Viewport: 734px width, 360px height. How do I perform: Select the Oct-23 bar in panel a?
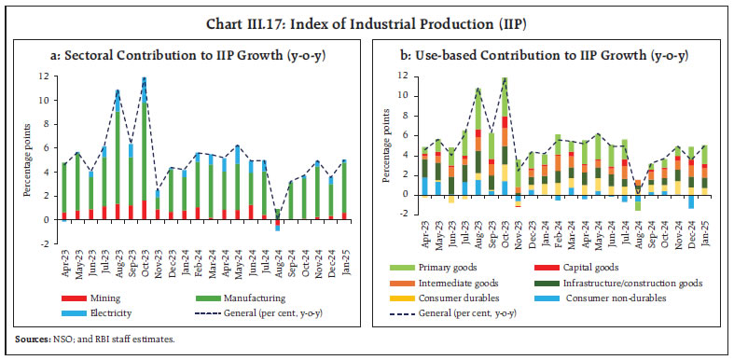coord(144,149)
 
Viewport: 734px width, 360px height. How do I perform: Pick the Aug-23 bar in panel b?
coord(478,141)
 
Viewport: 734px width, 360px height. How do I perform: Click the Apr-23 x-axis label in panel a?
coord(64,257)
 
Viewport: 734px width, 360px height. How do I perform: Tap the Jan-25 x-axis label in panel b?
coord(703,235)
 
